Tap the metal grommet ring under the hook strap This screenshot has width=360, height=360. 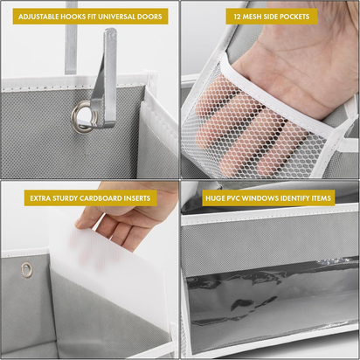click(x=82, y=116)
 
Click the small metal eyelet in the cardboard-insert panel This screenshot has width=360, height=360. click(x=27, y=268)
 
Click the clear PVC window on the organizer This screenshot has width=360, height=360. click(x=271, y=301)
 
